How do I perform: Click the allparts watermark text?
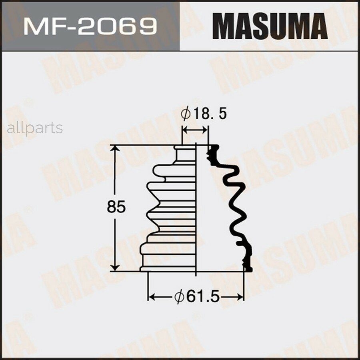pyautogui.click(x=35, y=128)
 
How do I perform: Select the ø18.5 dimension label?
pyautogui.click(x=204, y=114)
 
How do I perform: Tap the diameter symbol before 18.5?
pyautogui.click(x=186, y=114)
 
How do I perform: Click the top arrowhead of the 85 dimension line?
pyautogui.click(x=116, y=149)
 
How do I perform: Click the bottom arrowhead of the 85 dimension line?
pyautogui.click(x=116, y=267)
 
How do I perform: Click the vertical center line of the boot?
pyautogui.click(x=196, y=208)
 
